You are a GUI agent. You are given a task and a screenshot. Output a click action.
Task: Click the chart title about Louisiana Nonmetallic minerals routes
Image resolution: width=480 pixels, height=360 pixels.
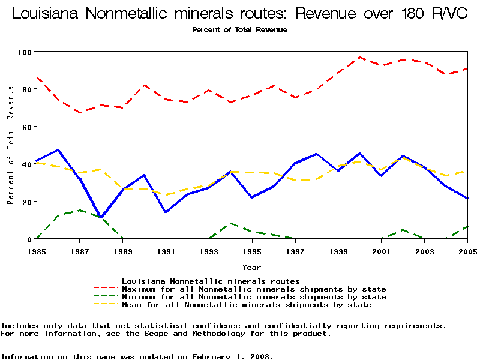click(x=240, y=13)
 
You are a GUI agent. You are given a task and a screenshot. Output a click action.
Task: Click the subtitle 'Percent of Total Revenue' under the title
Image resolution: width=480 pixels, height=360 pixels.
click(x=239, y=30)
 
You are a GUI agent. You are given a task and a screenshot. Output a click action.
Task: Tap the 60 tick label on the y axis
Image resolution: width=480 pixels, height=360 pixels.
click(x=26, y=127)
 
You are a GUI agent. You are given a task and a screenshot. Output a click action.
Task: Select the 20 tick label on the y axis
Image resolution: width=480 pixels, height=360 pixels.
click(x=26, y=202)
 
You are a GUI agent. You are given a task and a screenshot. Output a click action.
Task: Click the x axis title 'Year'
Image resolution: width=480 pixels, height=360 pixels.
click(x=251, y=267)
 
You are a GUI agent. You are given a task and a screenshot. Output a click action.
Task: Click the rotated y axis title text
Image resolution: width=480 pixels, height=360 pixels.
click(x=11, y=145)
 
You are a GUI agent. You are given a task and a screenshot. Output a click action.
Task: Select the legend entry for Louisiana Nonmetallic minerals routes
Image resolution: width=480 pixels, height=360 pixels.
click(x=210, y=281)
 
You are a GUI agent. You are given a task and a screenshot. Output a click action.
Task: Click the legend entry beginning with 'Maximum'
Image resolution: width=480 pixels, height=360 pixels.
click(x=253, y=289)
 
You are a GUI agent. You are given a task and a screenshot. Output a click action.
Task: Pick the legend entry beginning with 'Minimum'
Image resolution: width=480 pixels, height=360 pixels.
click(x=253, y=297)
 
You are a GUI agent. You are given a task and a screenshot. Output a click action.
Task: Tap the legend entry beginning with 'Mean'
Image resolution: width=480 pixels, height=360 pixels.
click(x=246, y=305)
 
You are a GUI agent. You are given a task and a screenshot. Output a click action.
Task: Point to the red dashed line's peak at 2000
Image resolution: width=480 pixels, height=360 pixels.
click(x=360, y=58)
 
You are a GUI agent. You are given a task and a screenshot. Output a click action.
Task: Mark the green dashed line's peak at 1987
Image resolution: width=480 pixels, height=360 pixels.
click(x=80, y=211)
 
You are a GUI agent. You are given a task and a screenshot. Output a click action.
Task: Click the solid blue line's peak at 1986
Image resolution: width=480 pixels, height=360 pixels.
click(x=58, y=150)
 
